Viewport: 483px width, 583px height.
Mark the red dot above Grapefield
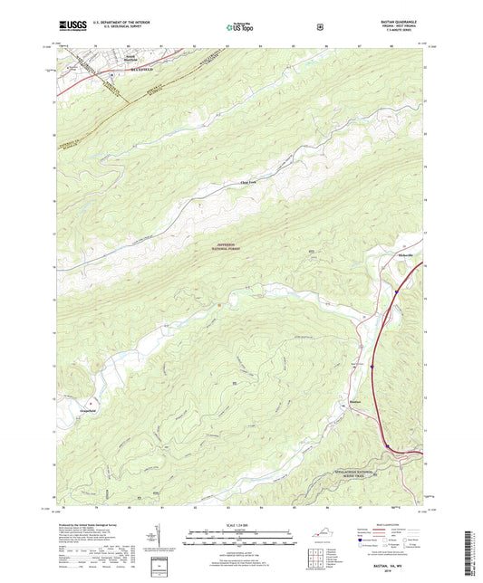(x=91, y=398)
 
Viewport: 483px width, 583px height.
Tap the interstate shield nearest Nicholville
(x=396, y=291)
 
